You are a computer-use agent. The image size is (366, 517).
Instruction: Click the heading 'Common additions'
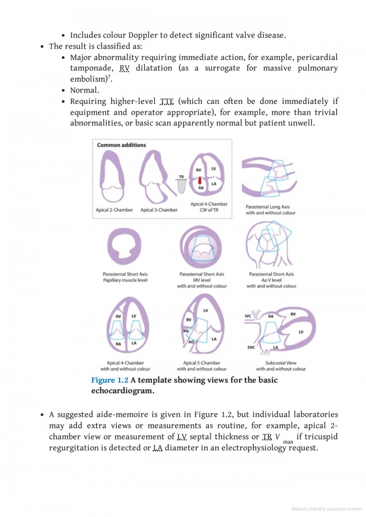pyautogui.click(x=121, y=145)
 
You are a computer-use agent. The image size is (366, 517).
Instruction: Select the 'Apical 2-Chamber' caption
pyautogui.click(x=114, y=210)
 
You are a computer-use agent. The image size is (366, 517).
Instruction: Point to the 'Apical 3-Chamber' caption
pyautogui.click(x=159, y=210)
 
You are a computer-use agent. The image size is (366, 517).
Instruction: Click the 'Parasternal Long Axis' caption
pyautogui.click(x=270, y=207)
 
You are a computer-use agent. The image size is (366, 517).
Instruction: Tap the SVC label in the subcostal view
pyautogui.click(x=251, y=348)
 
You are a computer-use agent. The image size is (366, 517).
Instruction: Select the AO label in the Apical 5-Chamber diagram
pyautogui.click(x=191, y=342)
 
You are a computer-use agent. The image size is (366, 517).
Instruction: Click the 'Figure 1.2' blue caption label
pyautogui.click(x=110, y=380)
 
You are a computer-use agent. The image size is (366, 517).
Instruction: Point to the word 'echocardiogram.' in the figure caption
pyautogui.click(x=123, y=391)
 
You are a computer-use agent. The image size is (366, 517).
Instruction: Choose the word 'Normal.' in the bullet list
pyautogui.click(x=85, y=90)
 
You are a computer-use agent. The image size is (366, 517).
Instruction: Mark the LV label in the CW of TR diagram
pyautogui.click(x=213, y=169)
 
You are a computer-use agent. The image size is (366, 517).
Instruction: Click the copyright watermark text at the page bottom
pyautogui.click(x=326, y=509)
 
